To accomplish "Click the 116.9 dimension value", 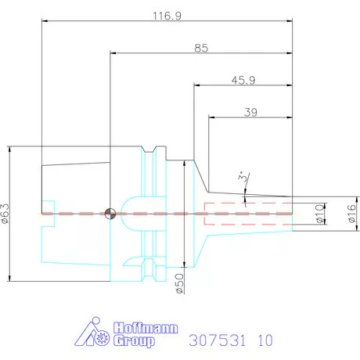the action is [x=167, y=16].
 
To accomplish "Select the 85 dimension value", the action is [x=201, y=49].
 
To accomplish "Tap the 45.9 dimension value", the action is [x=243, y=81].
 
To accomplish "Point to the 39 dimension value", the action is [x=250, y=113].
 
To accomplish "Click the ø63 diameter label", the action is [x=5, y=214].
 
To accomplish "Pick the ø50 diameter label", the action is [x=180, y=283].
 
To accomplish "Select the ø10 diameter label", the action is [x=319, y=214].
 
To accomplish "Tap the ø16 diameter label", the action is [x=351, y=214].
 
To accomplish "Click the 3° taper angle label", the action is [x=242, y=177].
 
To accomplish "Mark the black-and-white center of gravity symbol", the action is [x=110, y=214].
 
